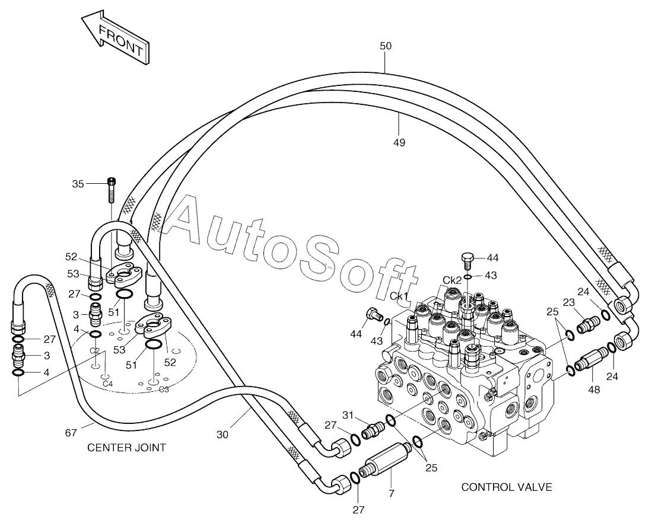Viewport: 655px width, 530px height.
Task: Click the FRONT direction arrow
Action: point(115,37)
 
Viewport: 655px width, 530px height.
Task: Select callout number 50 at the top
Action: point(386,46)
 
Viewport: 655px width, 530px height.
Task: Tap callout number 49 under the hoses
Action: point(399,143)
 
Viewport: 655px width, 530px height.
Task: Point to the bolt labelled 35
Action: point(112,190)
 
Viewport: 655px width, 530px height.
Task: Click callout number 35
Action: point(78,184)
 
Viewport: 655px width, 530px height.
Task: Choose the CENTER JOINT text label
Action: point(126,448)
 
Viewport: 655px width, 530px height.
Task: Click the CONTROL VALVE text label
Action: point(507,487)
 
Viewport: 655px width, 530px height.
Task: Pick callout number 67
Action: point(71,433)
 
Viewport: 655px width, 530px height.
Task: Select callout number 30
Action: point(222,435)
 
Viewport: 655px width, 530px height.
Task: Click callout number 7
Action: point(392,494)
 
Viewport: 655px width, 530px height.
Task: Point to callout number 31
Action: point(348,415)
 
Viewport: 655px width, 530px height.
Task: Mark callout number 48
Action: point(593,389)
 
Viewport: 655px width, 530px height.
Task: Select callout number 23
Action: point(568,302)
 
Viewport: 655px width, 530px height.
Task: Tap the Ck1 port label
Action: point(399,296)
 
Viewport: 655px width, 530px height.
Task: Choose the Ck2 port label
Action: point(453,280)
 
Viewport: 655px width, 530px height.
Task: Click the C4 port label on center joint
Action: point(108,383)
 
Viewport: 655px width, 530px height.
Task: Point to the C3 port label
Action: point(164,389)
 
